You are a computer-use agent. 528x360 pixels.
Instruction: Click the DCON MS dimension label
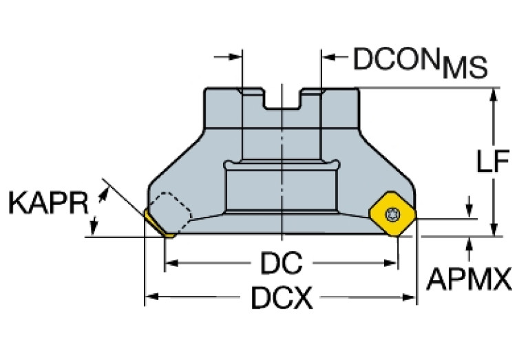420,63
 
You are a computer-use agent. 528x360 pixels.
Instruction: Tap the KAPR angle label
48,204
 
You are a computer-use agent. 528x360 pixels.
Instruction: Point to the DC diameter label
282,264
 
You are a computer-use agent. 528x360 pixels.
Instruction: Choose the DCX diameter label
280,298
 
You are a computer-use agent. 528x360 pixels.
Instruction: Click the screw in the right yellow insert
393,213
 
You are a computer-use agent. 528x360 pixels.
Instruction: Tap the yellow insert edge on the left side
156,222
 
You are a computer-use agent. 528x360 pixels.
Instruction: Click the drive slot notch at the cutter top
282,99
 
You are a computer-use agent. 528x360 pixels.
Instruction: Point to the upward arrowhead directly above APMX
469,243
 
